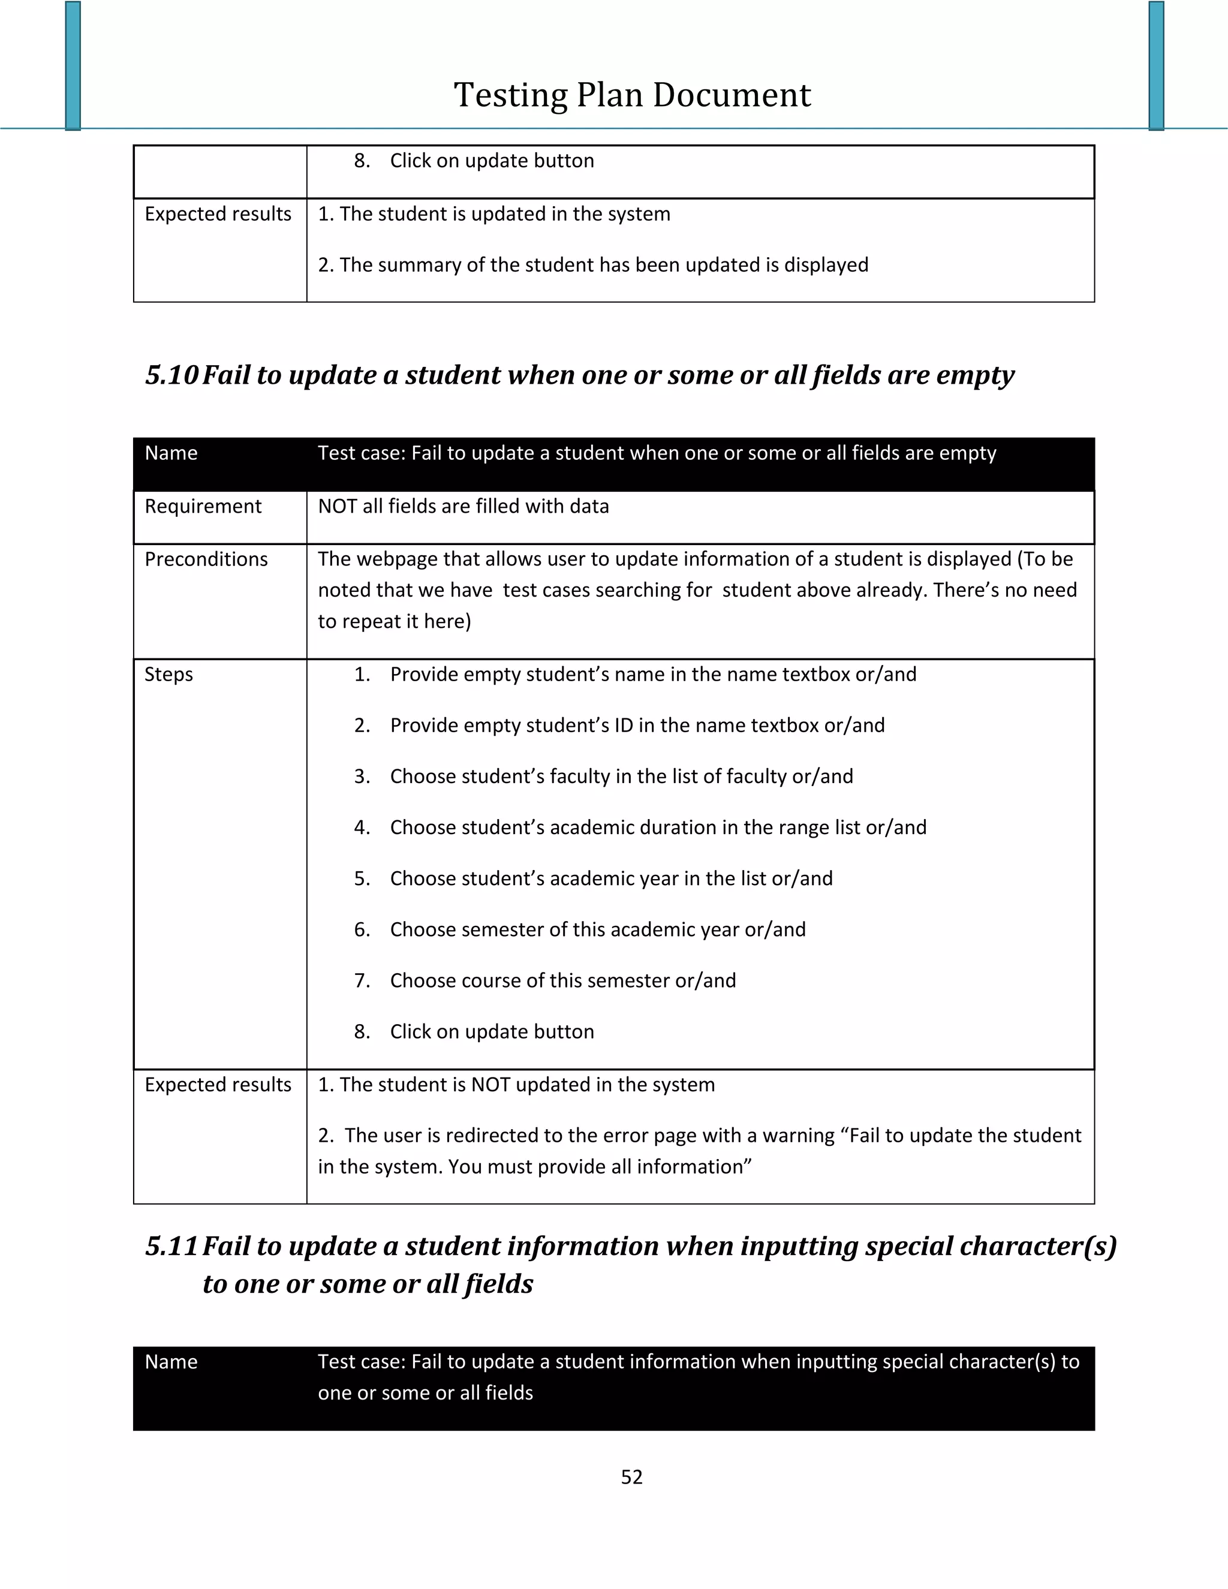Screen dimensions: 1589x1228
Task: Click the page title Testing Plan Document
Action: pos(631,95)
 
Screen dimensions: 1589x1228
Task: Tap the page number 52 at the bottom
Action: pos(631,1477)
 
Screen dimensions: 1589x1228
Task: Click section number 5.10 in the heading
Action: pos(171,375)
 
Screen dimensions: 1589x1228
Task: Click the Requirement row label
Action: pos(203,507)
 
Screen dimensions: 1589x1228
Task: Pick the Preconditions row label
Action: pos(206,559)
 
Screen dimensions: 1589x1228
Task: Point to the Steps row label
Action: pos(168,675)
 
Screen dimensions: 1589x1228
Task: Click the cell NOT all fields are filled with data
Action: pos(463,507)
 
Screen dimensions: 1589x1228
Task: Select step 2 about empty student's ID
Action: pos(637,726)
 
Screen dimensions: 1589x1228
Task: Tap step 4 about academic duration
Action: pos(658,827)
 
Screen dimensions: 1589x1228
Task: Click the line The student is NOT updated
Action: pos(516,1085)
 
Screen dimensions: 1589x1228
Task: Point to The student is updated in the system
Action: pos(495,214)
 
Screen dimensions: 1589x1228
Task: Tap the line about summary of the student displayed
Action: pos(593,265)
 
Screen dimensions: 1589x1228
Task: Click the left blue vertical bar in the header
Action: pos(73,65)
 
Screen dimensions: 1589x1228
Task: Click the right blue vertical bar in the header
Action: pos(1156,65)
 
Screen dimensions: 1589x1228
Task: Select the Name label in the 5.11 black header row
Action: pos(171,1362)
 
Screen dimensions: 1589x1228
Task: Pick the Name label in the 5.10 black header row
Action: pos(171,453)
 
